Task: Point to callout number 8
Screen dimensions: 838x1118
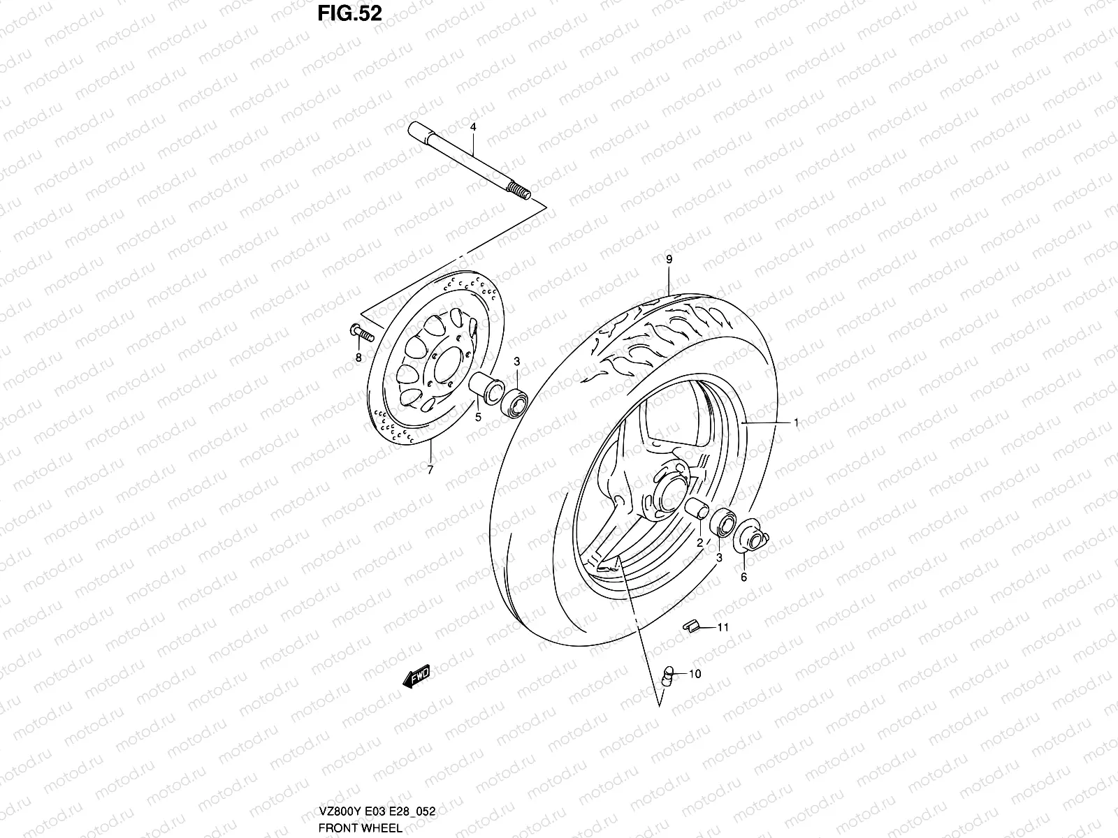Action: (x=358, y=358)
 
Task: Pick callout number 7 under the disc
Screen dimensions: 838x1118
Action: (x=430, y=470)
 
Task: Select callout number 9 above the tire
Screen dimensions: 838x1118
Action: (x=669, y=259)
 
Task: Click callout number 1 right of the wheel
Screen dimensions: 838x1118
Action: (x=796, y=422)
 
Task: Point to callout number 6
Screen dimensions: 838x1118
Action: (x=744, y=577)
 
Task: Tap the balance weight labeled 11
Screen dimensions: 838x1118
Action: (x=690, y=626)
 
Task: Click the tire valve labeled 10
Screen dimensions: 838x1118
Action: (x=667, y=675)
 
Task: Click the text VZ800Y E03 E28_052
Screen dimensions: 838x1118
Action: (x=377, y=813)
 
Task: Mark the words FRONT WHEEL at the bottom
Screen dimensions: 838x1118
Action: (x=361, y=828)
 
